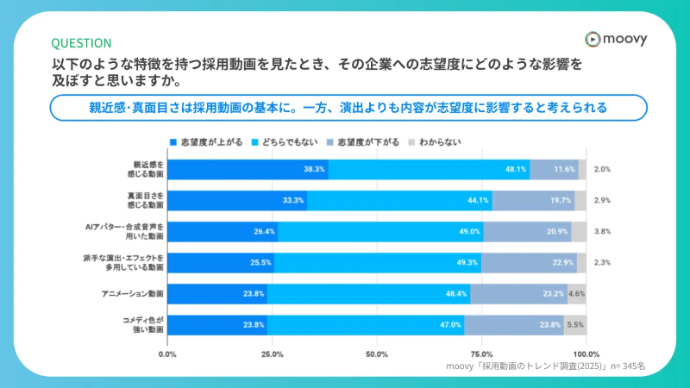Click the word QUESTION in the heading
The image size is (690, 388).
point(81,43)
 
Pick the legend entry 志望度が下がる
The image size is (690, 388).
point(366,141)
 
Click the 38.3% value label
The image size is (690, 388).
point(314,170)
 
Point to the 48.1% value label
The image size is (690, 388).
point(516,170)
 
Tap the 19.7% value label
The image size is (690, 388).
point(561,201)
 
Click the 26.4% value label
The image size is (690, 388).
point(264,232)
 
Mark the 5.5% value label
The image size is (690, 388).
point(575,325)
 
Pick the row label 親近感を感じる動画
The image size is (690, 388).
point(147,170)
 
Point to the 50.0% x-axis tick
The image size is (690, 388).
point(377,354)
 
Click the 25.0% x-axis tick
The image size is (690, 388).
point(272,354)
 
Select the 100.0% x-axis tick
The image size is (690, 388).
point(586,354)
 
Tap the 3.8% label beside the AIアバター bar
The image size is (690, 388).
point(603,232)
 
